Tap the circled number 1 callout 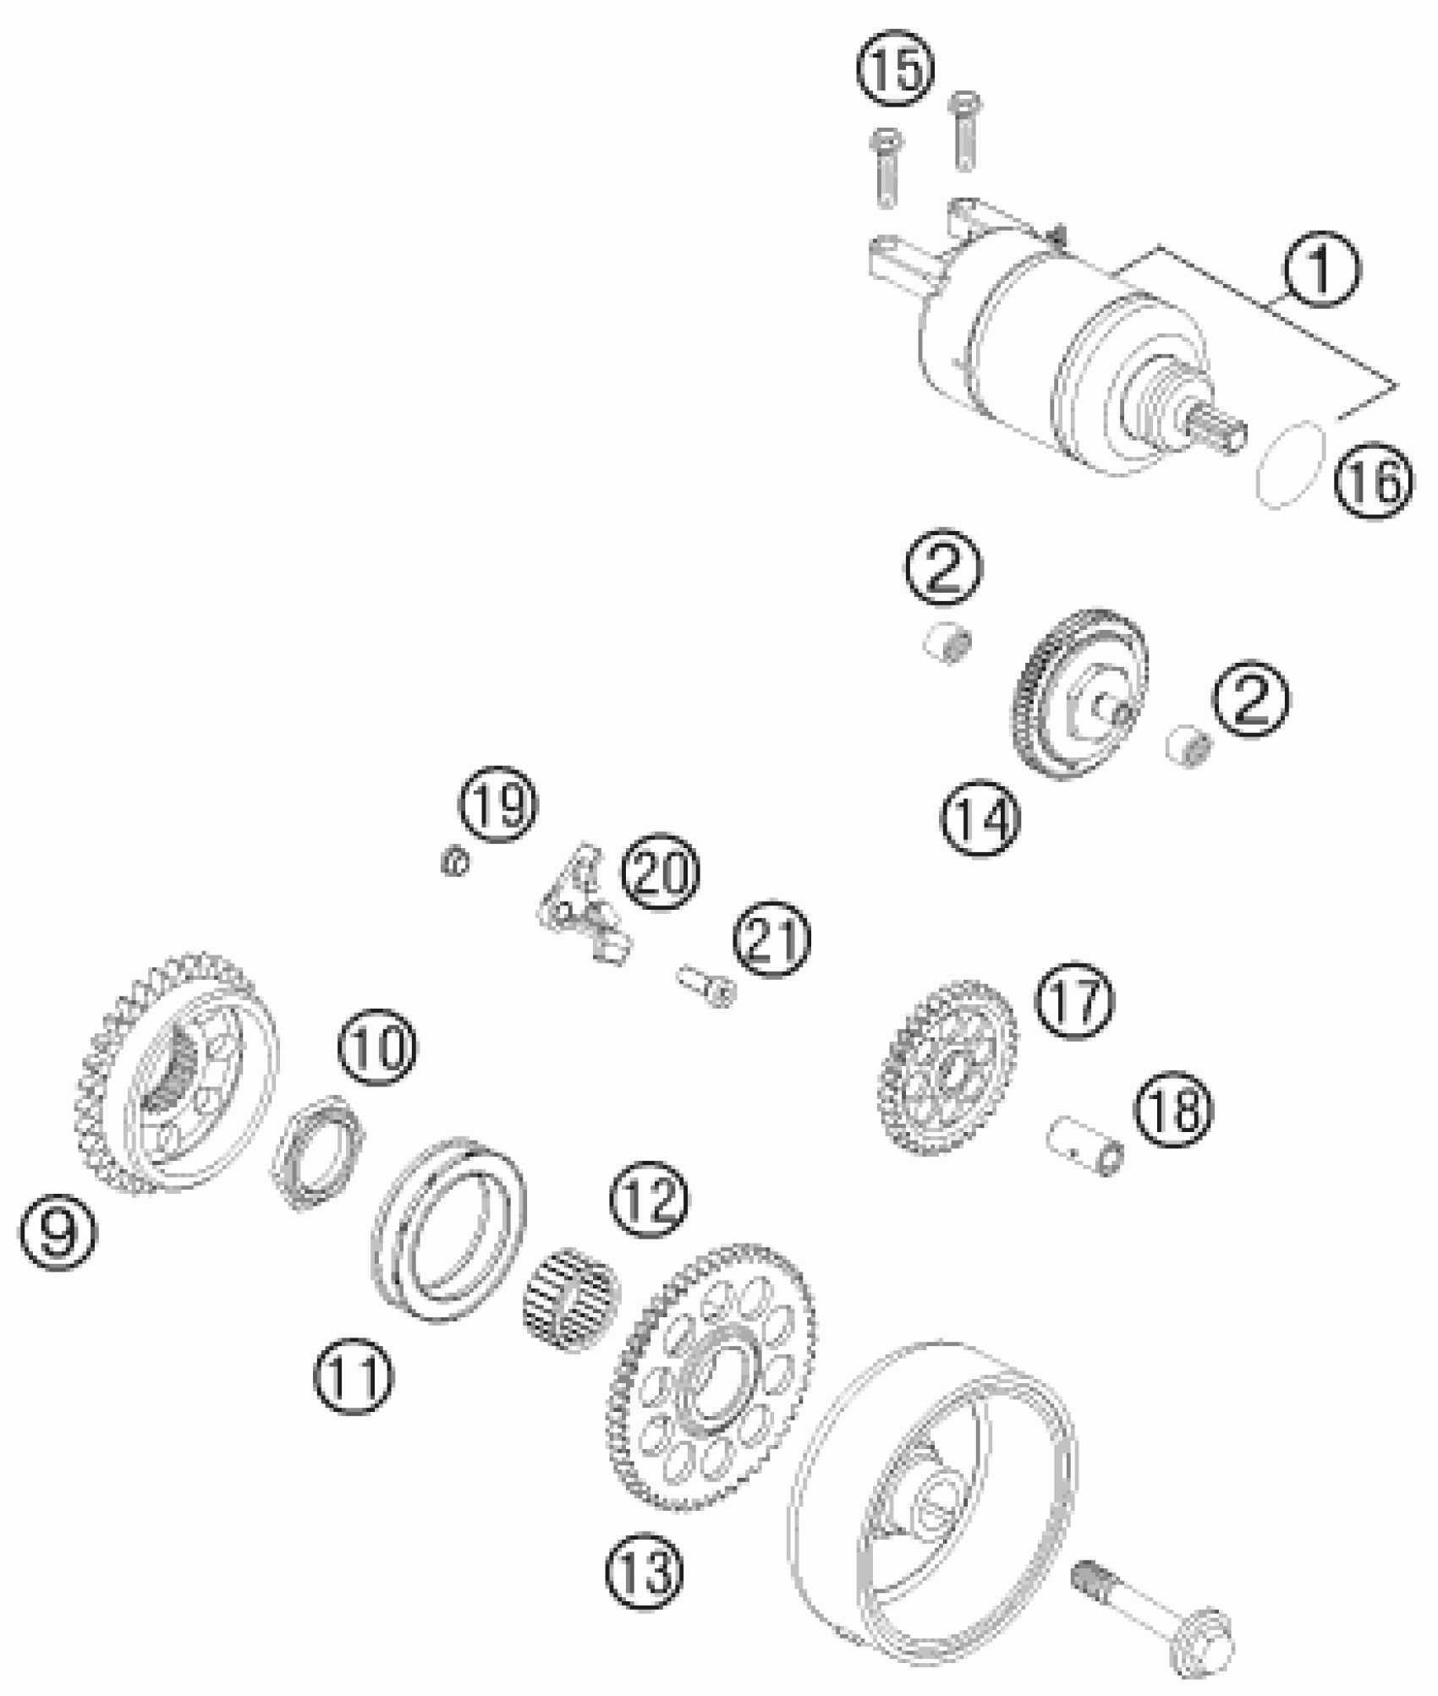(1320, 270)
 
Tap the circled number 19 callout (499, 804)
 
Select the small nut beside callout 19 (456, 862)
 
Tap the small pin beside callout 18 (1086, 1144)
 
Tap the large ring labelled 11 (449, 1225)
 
